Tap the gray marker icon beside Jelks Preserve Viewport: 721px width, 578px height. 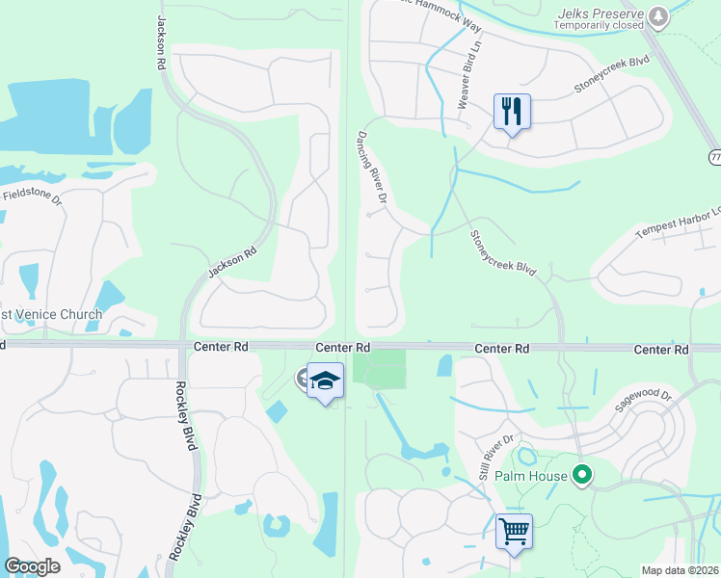click(658, 16)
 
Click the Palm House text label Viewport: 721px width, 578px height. click(530, 476)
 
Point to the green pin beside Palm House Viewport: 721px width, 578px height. click(581, 475)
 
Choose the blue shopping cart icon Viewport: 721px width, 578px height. click(513, 531)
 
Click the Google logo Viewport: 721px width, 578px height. click(32, 566)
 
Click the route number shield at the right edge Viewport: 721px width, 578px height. click(715, 157)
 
